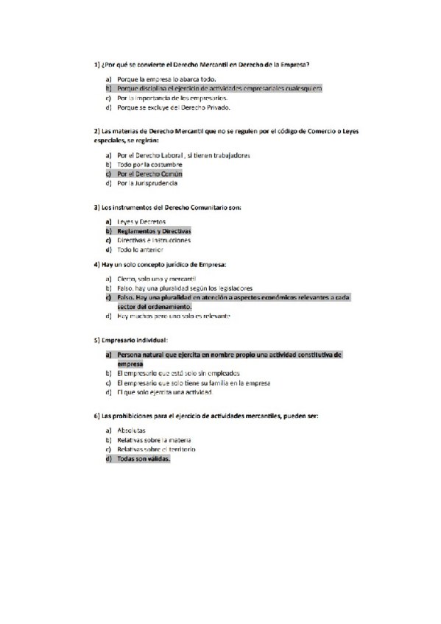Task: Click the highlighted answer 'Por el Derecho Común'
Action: [x=149, y=174]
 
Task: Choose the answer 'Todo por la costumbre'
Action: [x=149, y=165]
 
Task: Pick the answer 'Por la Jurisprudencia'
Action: [x=147, y=184]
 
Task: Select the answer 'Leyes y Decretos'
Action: [x=141, y=221]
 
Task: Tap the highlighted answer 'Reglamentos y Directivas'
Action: [x=153, y=231]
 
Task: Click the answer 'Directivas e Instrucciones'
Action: [x=153, y=241]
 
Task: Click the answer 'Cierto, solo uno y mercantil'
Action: [x=156, y=279]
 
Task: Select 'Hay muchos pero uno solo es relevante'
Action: [x=174, y=316]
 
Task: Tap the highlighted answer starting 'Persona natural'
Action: [x=228, y=355]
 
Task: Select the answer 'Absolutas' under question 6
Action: [x=131, y=430]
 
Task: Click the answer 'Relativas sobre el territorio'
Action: [x=158, y=449]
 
